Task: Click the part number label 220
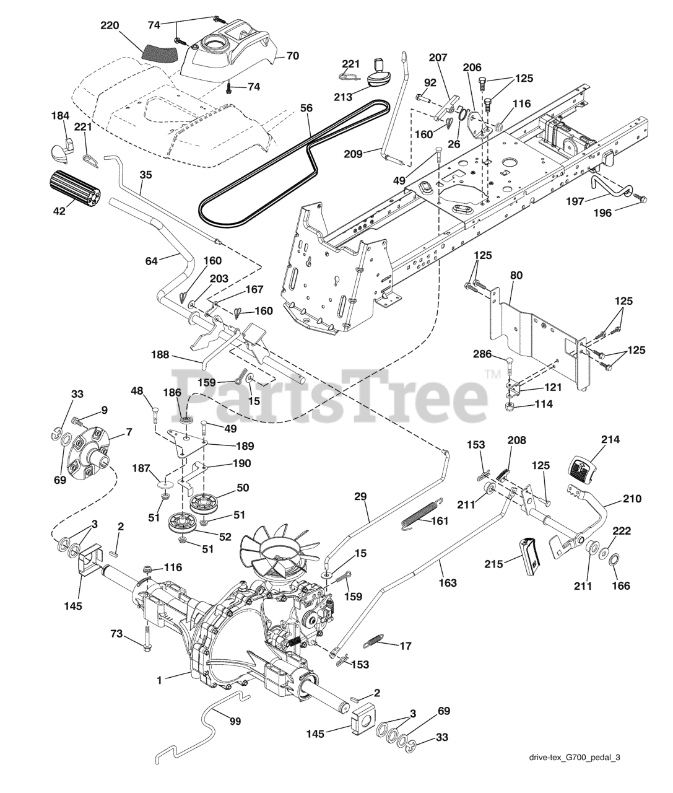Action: [110, 26]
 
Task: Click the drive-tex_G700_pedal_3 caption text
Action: [575, 774]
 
